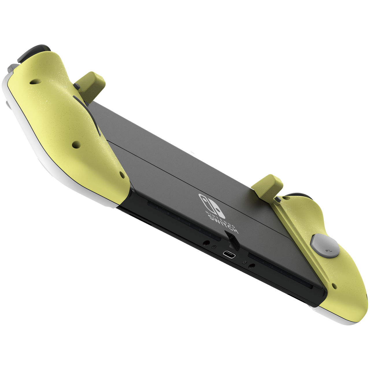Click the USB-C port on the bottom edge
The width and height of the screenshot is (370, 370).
click(x=229, y=255)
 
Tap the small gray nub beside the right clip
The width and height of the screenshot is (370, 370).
click(x=278, y=199)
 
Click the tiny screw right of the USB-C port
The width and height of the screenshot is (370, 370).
click(x=245, y=262)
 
